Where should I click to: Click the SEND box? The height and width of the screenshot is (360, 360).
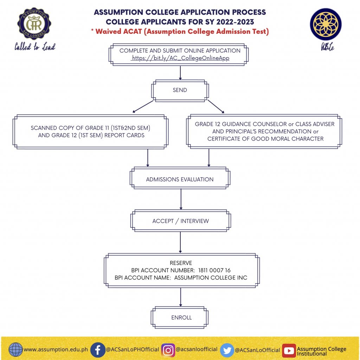[180, 90]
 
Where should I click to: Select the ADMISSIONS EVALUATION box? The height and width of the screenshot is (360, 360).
[180, 179]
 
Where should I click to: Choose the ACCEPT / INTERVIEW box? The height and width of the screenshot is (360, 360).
[180, 221]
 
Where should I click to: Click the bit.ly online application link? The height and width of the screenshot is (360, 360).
[180, 58]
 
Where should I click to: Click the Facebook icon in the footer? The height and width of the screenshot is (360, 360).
[98, 350]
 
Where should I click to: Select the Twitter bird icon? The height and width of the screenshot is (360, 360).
[227, 350]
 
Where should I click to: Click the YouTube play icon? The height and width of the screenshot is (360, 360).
[289, 350]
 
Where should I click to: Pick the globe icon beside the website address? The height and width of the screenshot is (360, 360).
[15, 350]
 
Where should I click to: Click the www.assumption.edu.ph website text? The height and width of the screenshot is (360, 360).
[56, 350]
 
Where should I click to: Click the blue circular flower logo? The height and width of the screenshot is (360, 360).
[326, 24]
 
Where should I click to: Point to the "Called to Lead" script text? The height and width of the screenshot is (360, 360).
[35, 47]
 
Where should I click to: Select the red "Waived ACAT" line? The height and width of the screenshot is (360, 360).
[180, 32]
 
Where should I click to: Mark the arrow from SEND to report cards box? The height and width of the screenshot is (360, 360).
[139, 106]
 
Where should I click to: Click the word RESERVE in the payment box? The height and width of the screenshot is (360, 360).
[181, 263]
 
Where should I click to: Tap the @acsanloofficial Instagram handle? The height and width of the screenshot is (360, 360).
[197, 349]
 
